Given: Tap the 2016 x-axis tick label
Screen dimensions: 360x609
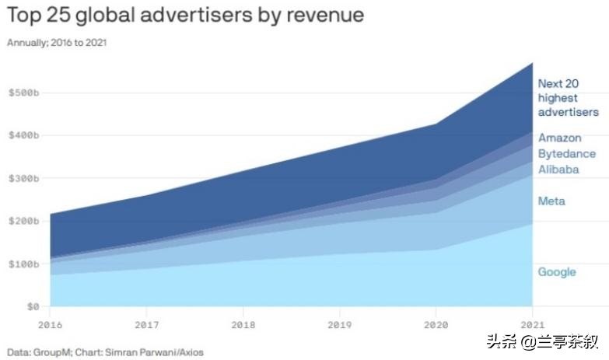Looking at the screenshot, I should [50, 323].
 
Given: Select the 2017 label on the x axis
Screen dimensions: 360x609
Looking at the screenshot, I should [147, 323].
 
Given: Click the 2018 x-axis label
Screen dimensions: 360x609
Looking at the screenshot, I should [243, 323].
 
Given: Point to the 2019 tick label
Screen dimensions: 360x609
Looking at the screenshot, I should [340, 323].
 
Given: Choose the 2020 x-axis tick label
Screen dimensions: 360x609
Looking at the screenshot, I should [436, 323].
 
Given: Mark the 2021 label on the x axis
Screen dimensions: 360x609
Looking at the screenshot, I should [532, 323].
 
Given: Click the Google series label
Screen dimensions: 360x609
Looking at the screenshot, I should [557, 272].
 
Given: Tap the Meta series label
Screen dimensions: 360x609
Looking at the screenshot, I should [551, 201].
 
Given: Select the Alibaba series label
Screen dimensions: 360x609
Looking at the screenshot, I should [558, 169].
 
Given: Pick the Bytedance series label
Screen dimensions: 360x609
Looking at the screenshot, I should [567, 153].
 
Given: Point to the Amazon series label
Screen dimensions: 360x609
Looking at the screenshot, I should [559, 138].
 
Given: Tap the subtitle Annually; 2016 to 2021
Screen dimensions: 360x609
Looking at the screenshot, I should [57, 43].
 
